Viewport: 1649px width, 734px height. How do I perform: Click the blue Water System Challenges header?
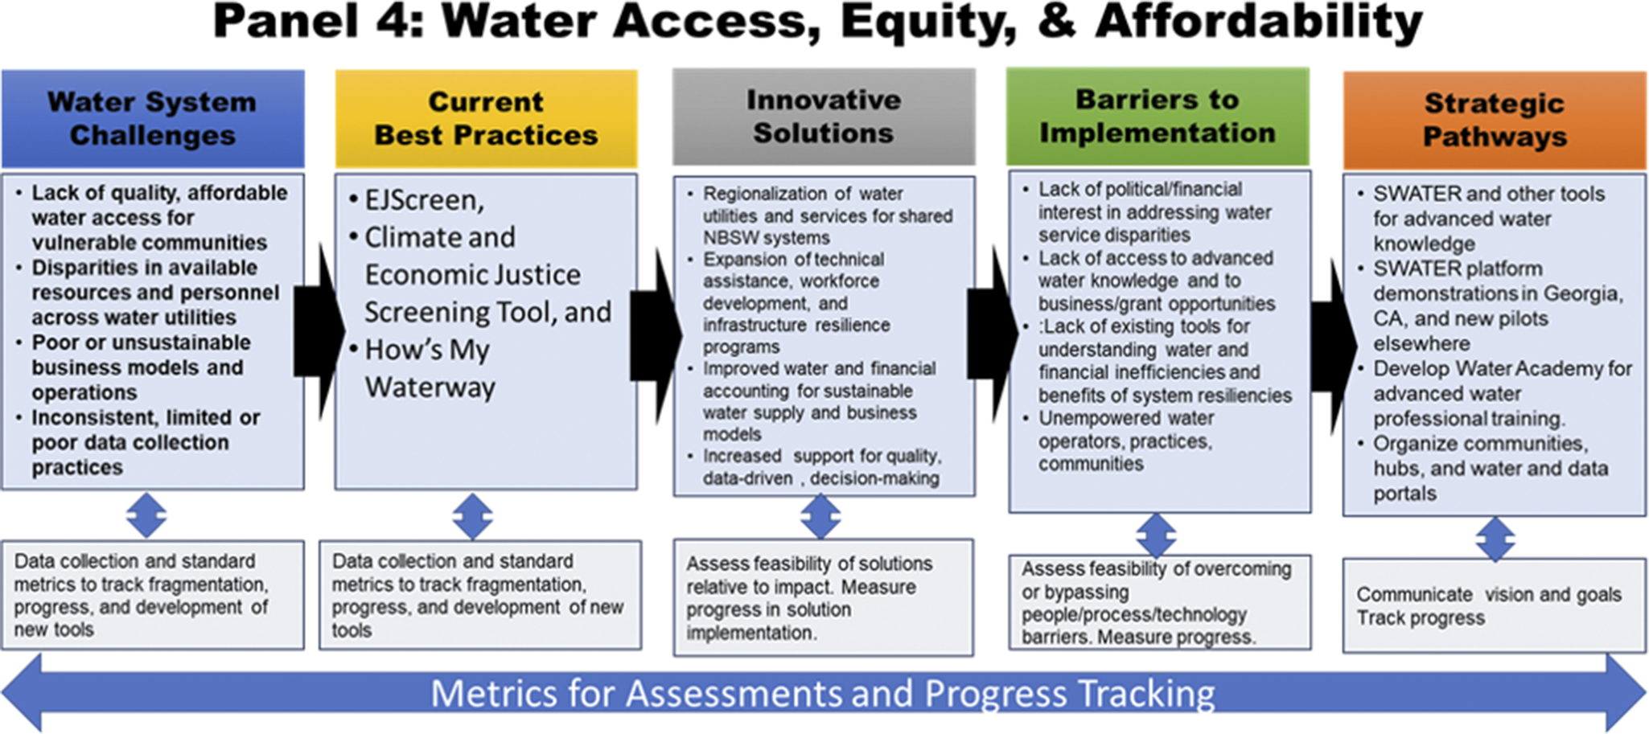coord(153,119)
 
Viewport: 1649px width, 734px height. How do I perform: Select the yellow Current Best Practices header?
coord(486,119)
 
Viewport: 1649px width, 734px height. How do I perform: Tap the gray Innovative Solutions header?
coord(824,117)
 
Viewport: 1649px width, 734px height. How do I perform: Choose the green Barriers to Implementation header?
coord(1158,117)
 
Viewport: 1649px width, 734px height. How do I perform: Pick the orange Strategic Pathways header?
coord(1495,120)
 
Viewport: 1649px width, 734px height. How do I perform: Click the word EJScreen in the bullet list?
coord(424,200)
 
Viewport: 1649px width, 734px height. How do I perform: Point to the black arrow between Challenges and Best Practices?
coord(319,332)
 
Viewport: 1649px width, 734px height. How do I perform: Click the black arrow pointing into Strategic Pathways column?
coord(1334,346)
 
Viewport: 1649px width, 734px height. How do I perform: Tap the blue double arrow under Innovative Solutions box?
coord(820,517)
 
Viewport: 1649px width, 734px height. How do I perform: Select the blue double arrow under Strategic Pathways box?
coord(1495,539)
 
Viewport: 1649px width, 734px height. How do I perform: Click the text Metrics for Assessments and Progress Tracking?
coord(823,693)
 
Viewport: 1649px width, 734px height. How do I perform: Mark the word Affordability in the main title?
coord(1259,23)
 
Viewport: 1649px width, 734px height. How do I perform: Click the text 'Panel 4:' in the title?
coord(319,22)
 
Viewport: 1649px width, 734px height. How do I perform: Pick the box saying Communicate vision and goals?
coord(1495,605)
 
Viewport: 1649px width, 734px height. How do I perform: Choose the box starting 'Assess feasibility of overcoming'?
coord(1160,602)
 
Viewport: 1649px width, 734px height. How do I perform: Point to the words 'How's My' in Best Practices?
coord(427,351)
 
